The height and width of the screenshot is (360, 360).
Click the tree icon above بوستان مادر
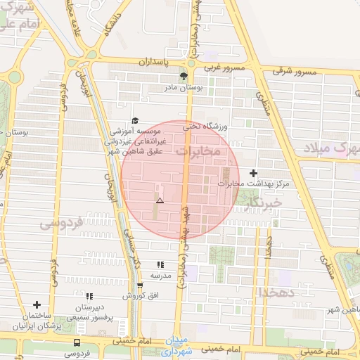click(184, 76)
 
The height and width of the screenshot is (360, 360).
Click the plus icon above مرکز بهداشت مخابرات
click(253, 173)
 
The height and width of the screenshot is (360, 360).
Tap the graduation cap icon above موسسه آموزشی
click(136, 120)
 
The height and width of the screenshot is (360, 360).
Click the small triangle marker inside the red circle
click(160, 201)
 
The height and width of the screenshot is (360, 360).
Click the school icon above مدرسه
click(161, 264)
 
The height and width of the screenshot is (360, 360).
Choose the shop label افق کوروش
click(139, 296)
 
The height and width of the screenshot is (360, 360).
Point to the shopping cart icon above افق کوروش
click(140, 285)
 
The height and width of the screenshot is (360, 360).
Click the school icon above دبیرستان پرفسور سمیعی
click(89, 296)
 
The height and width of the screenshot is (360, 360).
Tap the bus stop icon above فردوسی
click(76, 342)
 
